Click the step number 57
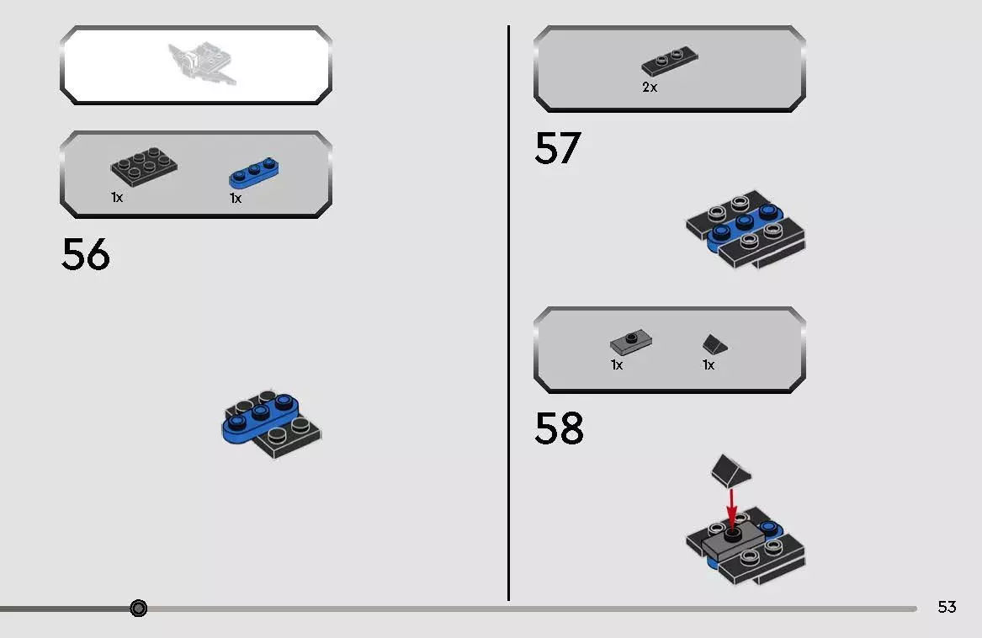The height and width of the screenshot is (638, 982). (x=557, y=148)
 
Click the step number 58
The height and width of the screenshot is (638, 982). (x=559, y=428)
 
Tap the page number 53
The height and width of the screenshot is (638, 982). (x=947, y=607)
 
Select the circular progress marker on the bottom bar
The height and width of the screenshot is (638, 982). (x=139, y=608)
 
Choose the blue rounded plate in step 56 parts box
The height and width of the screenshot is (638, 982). (x=254, y=172)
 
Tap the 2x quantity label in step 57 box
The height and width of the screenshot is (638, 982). (x=650, y=87)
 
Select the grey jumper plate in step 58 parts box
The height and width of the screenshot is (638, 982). (x=631, y=342)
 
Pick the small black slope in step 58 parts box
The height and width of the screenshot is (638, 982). (x=715, y=344)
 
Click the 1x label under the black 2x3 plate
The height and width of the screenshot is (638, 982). (x=117, y=197)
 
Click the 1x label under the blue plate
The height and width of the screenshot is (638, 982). (x=236, y=199)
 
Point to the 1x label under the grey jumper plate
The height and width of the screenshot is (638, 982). (x=617, y=365)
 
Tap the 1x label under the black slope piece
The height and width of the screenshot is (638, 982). (x=709, y=365)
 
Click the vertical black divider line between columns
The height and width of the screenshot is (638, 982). (x=508, y=311)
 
